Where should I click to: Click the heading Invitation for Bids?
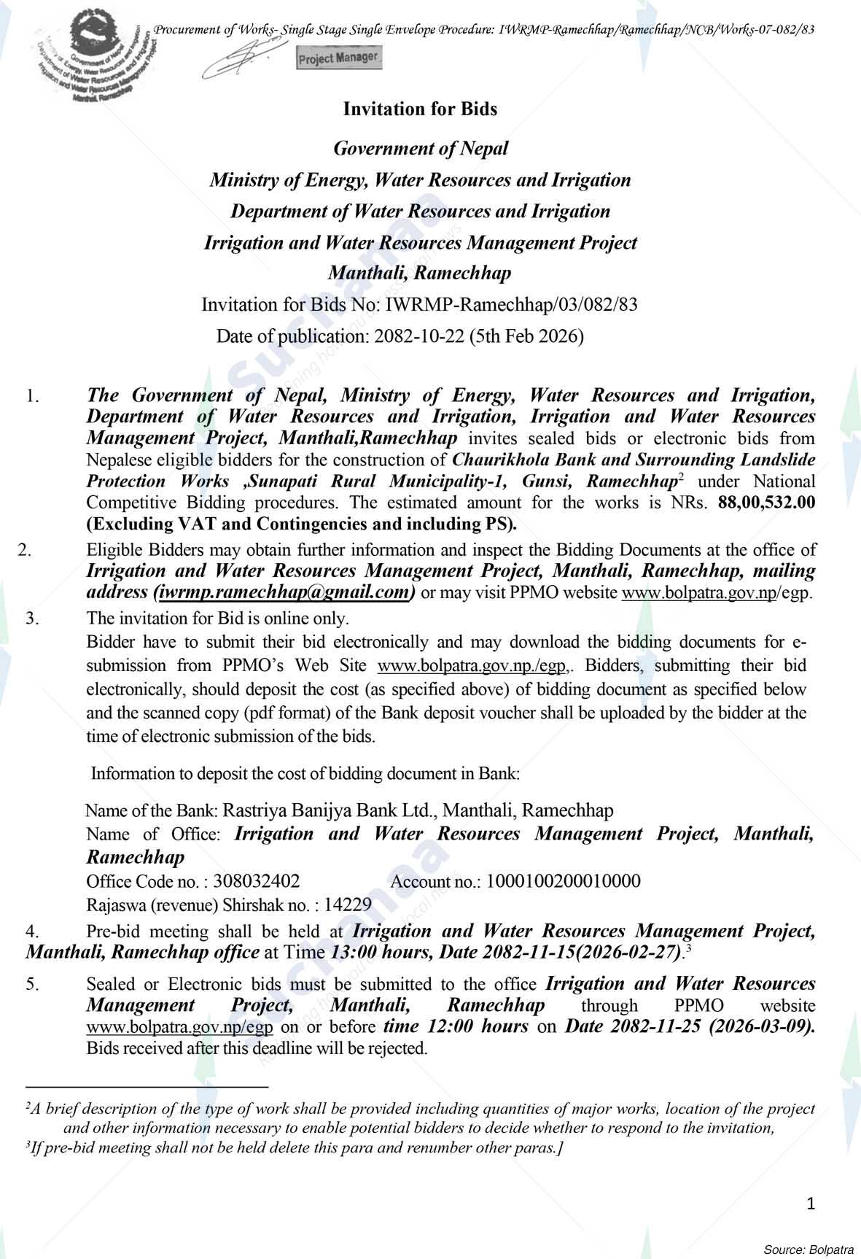pos(420,109)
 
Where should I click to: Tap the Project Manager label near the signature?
pos(338,58)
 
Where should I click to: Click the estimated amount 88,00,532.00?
pos(766,503)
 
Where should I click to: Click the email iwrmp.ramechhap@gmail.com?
pos(284,592)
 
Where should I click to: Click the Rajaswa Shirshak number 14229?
pos(348,905)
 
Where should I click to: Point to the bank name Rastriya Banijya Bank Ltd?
pos(328,810)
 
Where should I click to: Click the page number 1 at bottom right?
pos(811,1204)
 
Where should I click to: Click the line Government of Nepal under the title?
pos(421,149)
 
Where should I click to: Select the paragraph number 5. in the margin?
pos(33,985)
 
